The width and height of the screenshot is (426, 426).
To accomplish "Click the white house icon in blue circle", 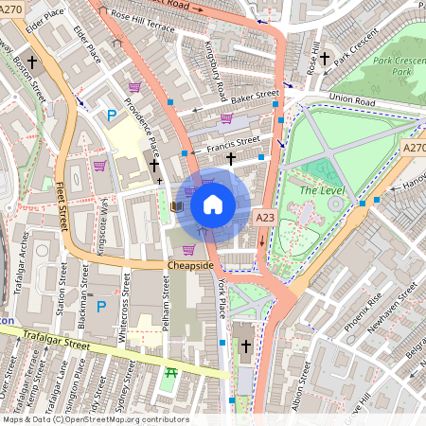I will coord(213,203).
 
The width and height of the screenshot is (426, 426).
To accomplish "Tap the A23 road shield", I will coord(265,218).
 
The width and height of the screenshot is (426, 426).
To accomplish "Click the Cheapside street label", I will coord(190,266).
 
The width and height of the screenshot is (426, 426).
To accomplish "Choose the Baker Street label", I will coord(256,96).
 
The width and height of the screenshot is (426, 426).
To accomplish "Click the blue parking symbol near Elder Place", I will coord(112,115).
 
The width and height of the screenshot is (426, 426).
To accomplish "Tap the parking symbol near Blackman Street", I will coord(101,307).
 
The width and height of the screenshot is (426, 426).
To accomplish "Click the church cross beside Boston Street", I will coord(33,62).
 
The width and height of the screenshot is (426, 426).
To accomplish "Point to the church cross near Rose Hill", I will coord(325,59).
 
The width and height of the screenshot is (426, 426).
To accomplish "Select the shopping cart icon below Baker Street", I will coord(226,118).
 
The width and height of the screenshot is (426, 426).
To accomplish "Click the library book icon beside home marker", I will coord(175,205).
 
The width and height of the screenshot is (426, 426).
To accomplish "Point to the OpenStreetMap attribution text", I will coord(95,419).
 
